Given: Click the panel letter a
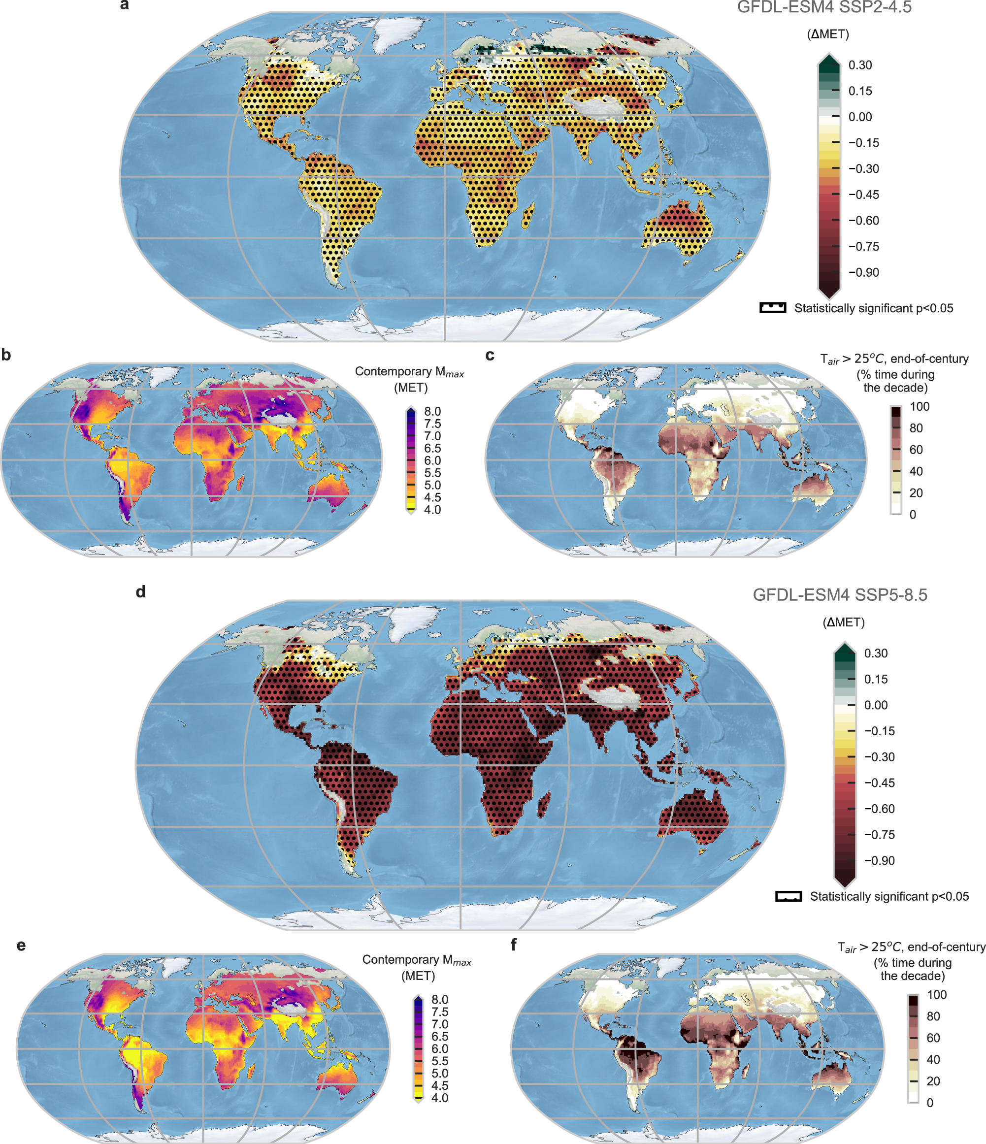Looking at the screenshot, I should [x=125, y=5].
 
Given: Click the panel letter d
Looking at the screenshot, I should [x=141, y=592].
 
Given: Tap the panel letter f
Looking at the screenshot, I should [x=513, y=945].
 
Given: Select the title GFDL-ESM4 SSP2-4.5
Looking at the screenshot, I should [x=824, y=8].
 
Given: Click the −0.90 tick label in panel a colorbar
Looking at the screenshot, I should [x=863, y=272].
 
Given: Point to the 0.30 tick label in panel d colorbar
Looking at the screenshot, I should [x=876, y=653].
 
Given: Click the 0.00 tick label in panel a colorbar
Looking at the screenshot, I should [x=860, y=117].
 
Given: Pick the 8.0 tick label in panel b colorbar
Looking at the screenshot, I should [x=432, y=411].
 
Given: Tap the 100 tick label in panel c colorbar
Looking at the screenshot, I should [x=920, y=406].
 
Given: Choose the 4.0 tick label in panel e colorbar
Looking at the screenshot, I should [x=439, y=1098].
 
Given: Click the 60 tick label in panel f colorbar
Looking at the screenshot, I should [x=933, y=1038].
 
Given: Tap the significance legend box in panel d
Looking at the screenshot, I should [x=789, y=896].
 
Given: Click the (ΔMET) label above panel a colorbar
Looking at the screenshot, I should [x=828, y=34].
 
